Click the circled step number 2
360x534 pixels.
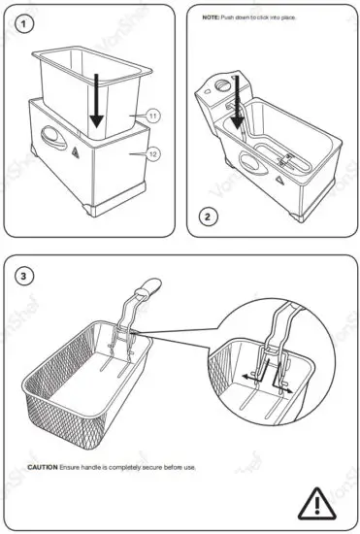click(207, 217)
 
